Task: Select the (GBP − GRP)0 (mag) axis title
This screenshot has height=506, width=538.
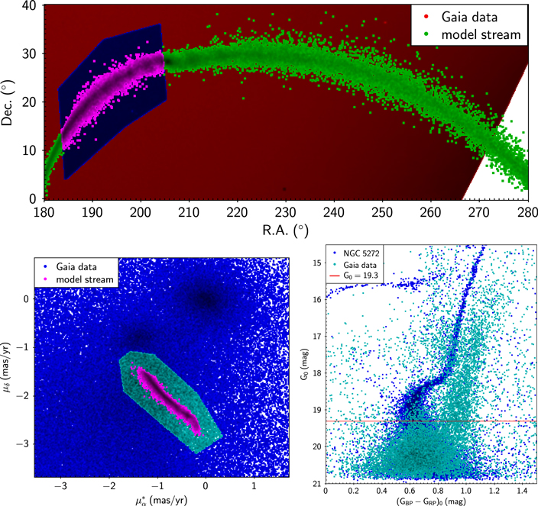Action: [x=431, y=501]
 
